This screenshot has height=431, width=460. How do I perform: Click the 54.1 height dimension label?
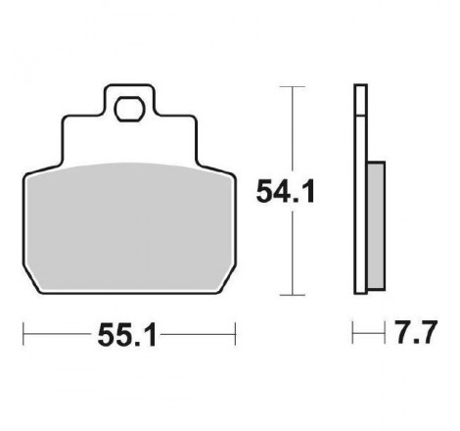point(286,192)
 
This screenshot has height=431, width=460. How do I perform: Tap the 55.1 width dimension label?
point(127,335)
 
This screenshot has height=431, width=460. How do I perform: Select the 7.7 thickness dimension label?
point(415,333)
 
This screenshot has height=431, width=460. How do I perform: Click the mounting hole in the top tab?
point(129,109)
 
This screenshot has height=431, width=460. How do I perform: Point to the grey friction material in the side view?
point(376,225)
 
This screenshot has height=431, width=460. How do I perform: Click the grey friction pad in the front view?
point(129,227)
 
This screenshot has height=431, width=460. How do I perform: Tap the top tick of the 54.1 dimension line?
point(293,87)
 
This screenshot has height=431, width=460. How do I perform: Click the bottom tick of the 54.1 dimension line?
point(293,295)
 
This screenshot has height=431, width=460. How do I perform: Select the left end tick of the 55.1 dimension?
point(23,334)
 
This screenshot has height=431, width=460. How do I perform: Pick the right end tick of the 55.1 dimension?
point(235,334)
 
